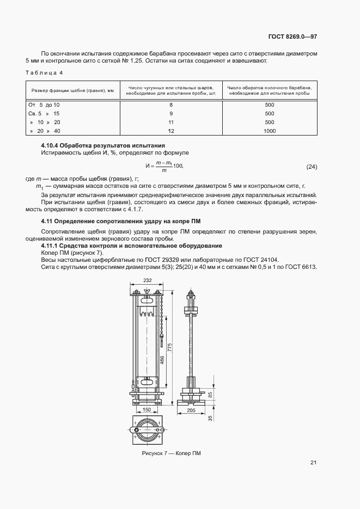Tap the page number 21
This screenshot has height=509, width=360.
pos(313,463)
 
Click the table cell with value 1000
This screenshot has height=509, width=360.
pos(269,131)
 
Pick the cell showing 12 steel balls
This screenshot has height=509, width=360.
pos(170,131)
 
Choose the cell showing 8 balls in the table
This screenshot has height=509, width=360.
pos(170,104)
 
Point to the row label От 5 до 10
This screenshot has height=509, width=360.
pos(44,104)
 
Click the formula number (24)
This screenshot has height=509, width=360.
pos(312,166)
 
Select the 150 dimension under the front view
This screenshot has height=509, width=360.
pos(146,409)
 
